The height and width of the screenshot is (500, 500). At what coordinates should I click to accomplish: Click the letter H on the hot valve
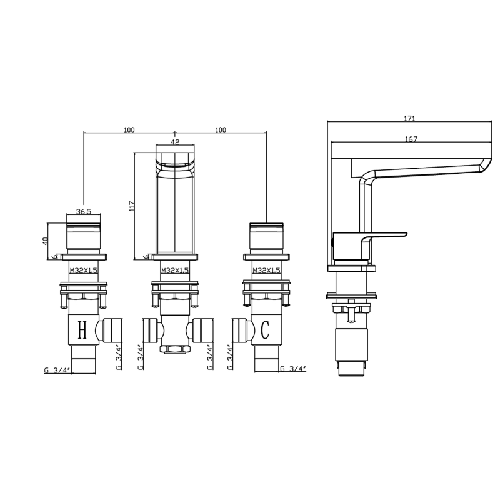point(82,331)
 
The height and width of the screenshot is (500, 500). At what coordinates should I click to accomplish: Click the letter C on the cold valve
point(265,330)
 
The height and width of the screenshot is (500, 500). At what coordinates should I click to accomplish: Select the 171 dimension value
point(411,118)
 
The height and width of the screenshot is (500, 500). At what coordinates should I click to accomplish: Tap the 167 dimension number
point(411,139)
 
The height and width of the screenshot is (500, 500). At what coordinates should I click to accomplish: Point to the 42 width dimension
point(175,142)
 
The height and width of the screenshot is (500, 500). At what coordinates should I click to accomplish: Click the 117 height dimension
point(131,206)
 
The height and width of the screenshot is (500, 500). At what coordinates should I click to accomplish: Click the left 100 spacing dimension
point(129,130)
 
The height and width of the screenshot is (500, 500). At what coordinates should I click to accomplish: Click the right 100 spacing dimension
point(220,130)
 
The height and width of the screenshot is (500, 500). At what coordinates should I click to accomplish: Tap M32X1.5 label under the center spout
point(174,270)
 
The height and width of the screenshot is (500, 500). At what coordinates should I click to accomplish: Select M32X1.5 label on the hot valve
point(83,270)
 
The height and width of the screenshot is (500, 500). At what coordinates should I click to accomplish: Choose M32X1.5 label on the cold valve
point(266,270)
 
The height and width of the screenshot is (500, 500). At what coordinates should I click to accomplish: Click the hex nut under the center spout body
point(174,348)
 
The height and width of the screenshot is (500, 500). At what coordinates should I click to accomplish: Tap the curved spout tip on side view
point(484,166)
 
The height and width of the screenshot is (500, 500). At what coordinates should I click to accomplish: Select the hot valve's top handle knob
point(83,235)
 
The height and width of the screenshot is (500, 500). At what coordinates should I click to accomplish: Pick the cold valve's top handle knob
point(266,235)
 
